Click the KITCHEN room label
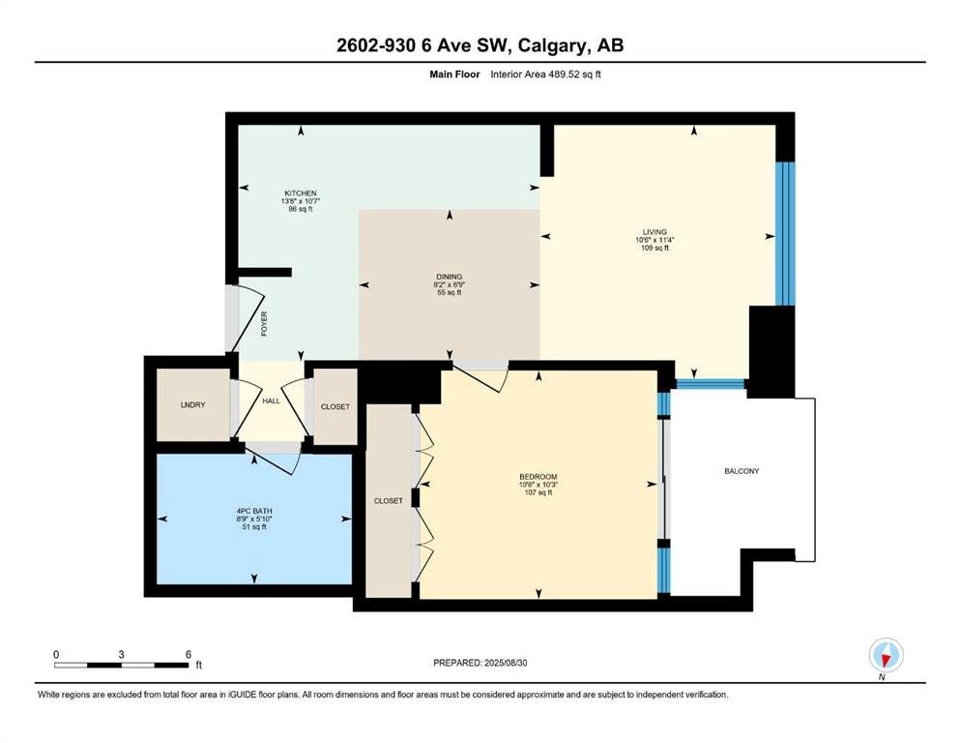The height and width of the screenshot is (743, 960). (x=301, y=193)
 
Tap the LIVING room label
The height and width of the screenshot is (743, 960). (x=655, y=232)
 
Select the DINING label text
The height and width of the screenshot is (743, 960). (x=450, y=277)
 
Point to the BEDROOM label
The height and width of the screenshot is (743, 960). (x=538, y=477)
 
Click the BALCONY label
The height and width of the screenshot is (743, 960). (x=742, y=471)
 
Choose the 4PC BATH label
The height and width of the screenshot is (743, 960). (x=254, y=511)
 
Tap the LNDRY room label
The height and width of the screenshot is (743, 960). (x=192, y=405)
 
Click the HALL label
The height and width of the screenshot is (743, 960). (x=272, y=401)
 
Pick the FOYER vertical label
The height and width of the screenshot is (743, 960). (x=265, y=323)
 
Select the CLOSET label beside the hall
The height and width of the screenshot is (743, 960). (x=335, y=406)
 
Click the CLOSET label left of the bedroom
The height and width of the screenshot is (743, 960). (x=389, y=501)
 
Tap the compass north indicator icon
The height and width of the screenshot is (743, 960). (x=886, y=656)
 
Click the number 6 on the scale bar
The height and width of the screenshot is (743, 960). (x=189, y=654)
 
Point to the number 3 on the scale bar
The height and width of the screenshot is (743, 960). (x=121, y=654)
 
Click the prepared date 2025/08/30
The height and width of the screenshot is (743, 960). (x=505, y=663)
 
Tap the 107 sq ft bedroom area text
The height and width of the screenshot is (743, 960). (x=538, y=492)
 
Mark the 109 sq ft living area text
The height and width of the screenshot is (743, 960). (x=655, y=248)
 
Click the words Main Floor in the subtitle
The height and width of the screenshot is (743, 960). (x=454, y=74)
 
